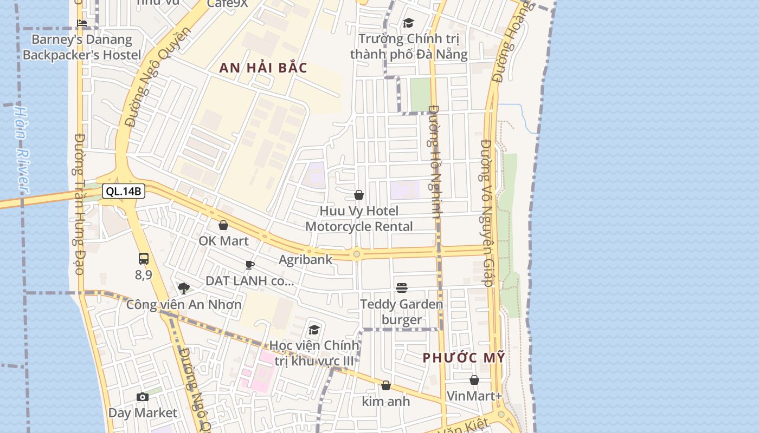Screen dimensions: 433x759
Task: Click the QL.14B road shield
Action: [x=124, y=191]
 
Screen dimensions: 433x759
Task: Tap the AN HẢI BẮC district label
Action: [x=263, y=68]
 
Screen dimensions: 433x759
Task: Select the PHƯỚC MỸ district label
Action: [x=464, y=358]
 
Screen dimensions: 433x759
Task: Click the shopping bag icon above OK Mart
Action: [x=223, y=225]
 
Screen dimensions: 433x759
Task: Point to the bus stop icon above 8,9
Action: [x=144, y=259]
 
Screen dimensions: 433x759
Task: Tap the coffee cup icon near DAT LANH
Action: [x=250, y=265]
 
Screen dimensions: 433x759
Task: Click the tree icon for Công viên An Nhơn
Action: [x=184, y=288]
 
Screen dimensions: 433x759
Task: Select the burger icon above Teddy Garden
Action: [x=402, y=287]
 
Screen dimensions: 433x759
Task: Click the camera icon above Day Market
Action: [x=143, y=397]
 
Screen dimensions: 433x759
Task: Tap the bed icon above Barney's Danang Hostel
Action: [x=82, y=23]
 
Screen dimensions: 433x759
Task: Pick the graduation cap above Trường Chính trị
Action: [x=408, y=23]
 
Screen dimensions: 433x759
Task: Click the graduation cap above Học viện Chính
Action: [x=314, y=330]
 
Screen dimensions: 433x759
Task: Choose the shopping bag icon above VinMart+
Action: [x=474, y=380]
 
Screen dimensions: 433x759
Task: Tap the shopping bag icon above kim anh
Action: [x=386, y=385]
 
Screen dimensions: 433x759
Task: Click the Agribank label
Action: [x=305, y=259]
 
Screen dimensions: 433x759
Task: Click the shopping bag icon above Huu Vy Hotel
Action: [x=359, y=195]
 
